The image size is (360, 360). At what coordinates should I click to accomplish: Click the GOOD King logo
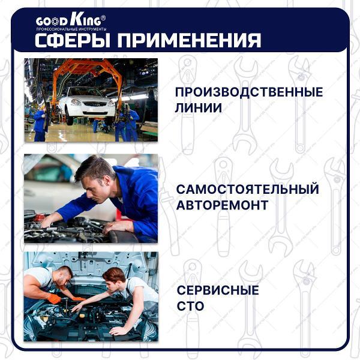70,20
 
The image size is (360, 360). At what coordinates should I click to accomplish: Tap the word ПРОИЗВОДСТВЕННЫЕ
248,92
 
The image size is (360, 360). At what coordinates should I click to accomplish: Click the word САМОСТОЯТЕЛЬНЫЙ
247,190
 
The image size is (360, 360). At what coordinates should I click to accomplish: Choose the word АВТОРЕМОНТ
222,206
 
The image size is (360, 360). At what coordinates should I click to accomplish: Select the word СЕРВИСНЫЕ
218,290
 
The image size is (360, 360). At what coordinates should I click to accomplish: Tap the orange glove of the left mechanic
53,298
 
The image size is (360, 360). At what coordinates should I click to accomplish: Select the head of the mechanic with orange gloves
64,275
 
